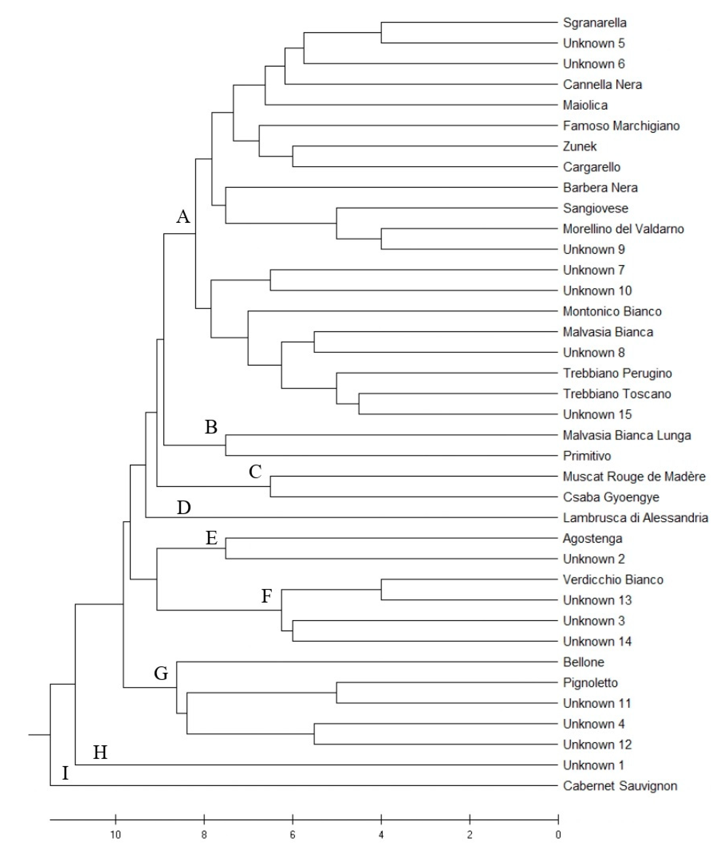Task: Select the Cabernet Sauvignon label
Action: tap(620, 786)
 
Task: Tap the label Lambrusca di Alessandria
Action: tap(635, 517)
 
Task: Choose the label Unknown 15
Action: tap(597, 414)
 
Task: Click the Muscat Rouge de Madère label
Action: tap(634, 476)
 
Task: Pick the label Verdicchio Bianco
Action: tap(613, 579)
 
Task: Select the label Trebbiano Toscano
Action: tap(617, 394)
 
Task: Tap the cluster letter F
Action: tap(266, 596)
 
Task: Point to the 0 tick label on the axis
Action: tap(558, 835)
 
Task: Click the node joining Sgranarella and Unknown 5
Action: tap(381, 33)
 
